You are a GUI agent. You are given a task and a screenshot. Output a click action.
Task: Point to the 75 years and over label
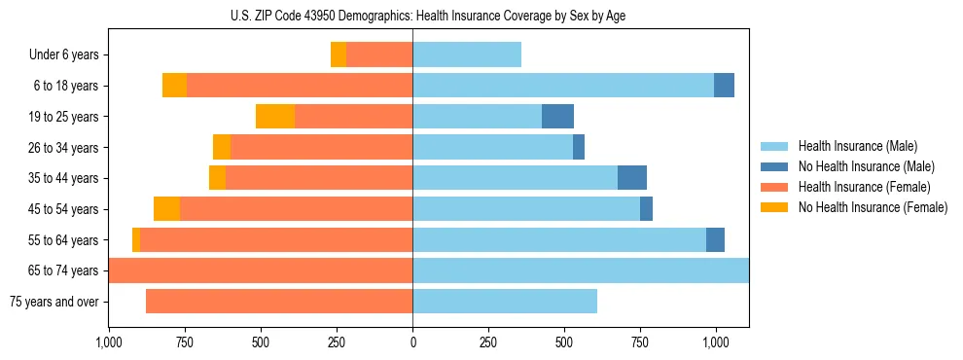pos(53,302)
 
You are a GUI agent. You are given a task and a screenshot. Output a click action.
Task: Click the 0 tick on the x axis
pos(412,342)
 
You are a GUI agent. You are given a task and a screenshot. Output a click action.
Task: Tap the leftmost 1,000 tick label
pos(108,342)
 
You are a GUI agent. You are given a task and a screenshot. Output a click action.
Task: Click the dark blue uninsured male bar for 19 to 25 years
pos(557,117)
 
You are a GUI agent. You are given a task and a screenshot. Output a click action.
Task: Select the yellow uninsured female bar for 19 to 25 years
pos(275,117)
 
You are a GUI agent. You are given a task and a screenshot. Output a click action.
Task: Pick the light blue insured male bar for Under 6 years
pos(467,55)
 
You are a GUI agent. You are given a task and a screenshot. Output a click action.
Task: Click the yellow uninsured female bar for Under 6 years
pos(339,55)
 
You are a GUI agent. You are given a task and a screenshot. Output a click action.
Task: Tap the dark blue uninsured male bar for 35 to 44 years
pos(632,178)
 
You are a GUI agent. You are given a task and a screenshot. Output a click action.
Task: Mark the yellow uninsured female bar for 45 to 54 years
pos(166,209)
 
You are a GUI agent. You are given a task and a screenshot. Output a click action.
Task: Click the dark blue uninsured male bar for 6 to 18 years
pos(724,86)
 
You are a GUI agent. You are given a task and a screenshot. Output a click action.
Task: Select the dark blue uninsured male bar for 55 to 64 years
pos(715,239)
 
